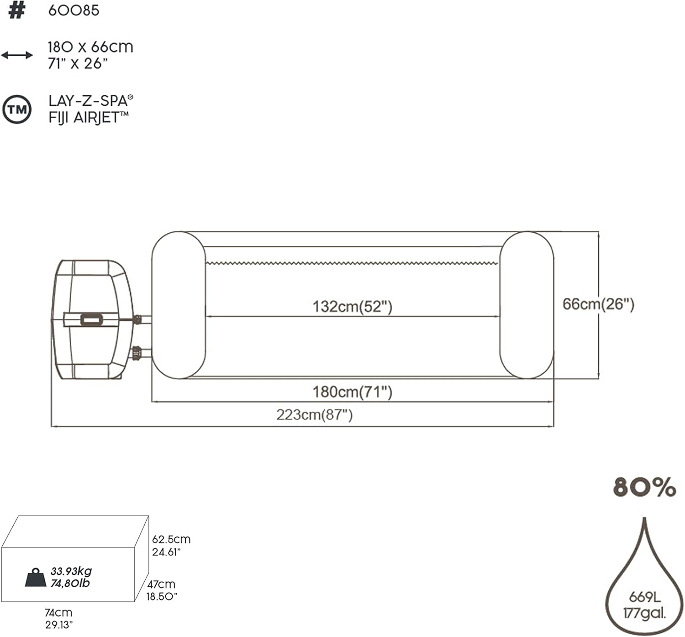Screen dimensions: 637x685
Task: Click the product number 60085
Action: [x=74, y=10]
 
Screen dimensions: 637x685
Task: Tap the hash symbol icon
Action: [x=16, y=10]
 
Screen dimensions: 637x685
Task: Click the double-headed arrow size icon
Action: [x=17, y=55]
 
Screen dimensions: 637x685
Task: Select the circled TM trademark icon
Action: [x=17, y=110]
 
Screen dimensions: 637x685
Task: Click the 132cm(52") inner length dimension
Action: [x=352, y=307]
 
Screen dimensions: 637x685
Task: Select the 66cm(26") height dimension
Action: [x=598, y=304]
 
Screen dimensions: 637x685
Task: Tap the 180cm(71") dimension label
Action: [x=352, y=392]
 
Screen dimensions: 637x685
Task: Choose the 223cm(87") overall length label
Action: [x=314, y=415]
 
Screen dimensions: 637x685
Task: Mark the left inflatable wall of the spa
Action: [x=178, y=305]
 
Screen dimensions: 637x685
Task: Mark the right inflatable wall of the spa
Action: [x=527, y=305]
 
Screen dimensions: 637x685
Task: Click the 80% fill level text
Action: [x=644, y=487]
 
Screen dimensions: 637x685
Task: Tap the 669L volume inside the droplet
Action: [x=644, y=597]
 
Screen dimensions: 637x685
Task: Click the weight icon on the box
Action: [x=36, y=577]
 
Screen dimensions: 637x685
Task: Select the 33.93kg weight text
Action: [x=71, y=571]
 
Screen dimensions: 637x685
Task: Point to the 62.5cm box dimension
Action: [x=171, y=539]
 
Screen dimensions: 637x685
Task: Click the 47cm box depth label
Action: [x=161, y=584]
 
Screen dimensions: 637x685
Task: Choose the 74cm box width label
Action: [x=58, y=613]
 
